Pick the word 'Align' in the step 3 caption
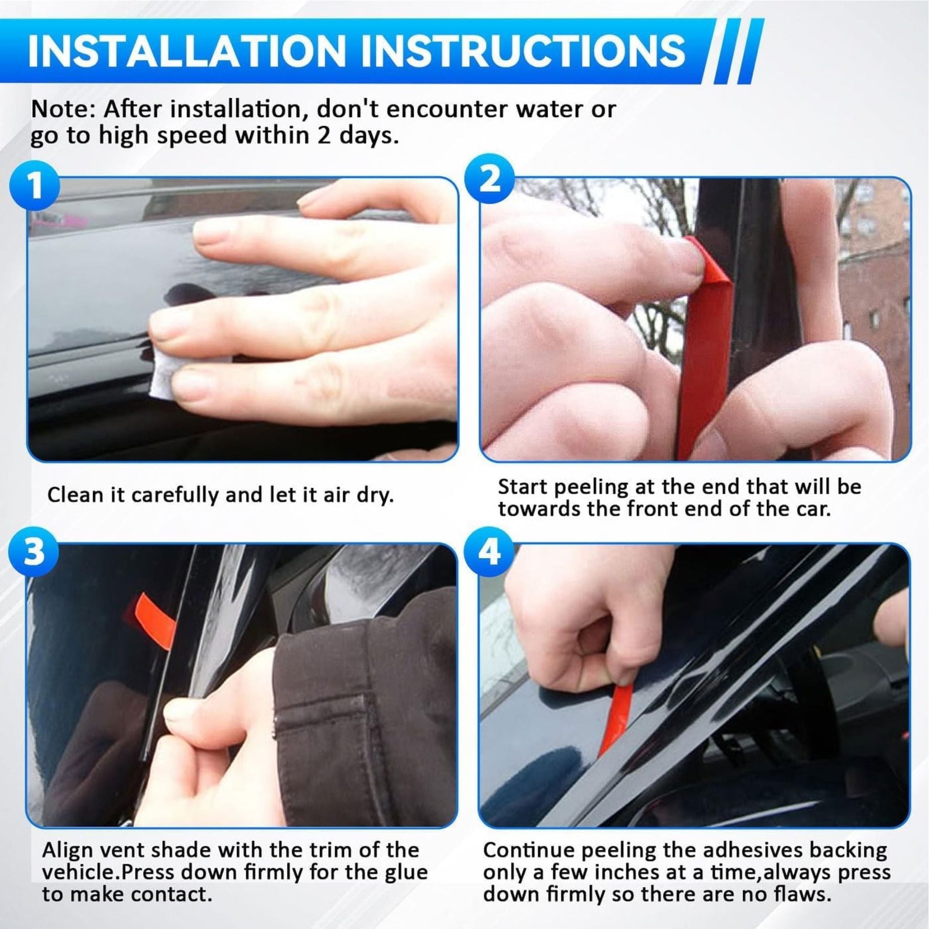[x=67, y=850]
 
